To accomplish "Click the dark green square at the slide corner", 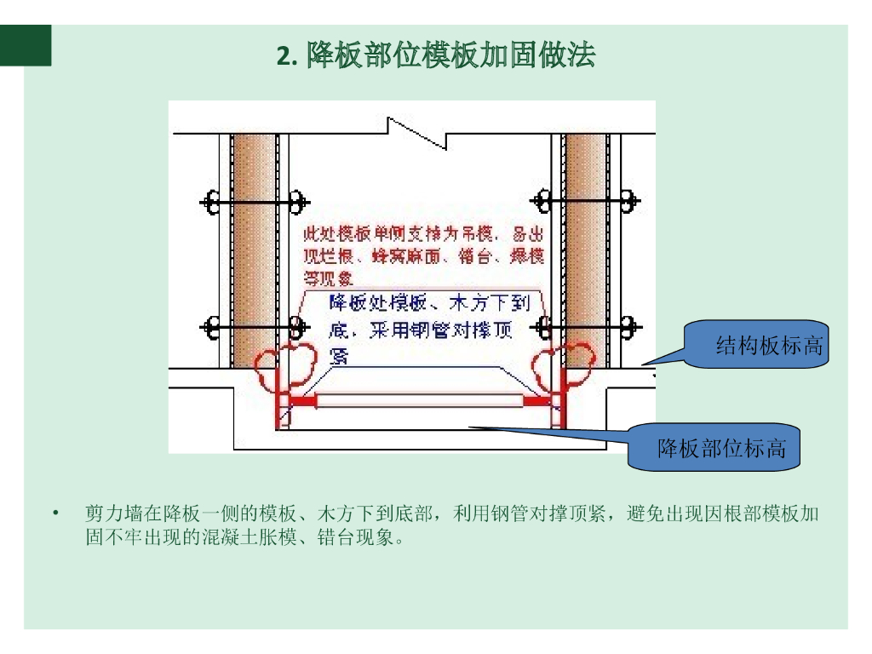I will [x=26, y=45].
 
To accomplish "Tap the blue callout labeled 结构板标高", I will [x=767, y=345].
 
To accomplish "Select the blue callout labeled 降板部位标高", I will [x=720, y=448].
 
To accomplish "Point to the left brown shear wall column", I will [x=253, y=247].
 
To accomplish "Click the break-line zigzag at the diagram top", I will [x=416, y=133].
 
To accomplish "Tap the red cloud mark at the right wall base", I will [x=562, y=361].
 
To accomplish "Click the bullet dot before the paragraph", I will [x=56, y=513].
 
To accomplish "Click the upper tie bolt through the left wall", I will [x=254, y=202].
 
